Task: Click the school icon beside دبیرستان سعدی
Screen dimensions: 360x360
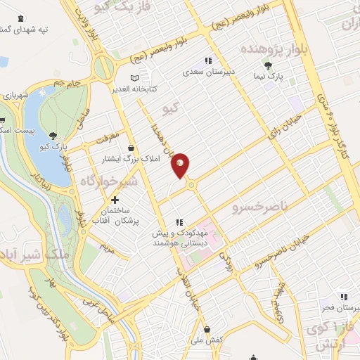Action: pyautogui.click(x=207, y=60)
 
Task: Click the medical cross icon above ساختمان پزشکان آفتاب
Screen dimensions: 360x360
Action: pyautogui.click(x=115, y=200)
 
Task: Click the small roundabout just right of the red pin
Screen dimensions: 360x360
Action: pyautogui.click(x=191, y=184)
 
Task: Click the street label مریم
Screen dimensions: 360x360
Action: pyautogui.click(x=106, y=247)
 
